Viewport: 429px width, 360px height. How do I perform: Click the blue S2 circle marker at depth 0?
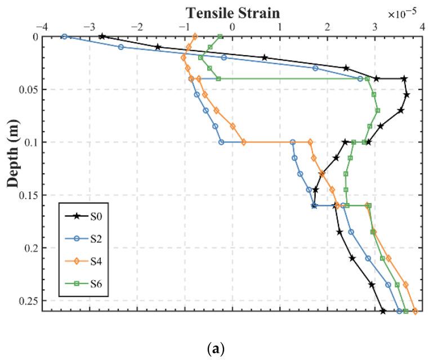[64, 37]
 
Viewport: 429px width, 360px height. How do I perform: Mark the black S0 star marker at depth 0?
[102, 37]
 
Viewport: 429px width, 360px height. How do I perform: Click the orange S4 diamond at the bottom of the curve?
[415, 311]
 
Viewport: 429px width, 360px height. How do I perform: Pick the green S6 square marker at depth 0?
[220, 37]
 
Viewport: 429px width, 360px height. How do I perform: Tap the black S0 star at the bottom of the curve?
[383, 311]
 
